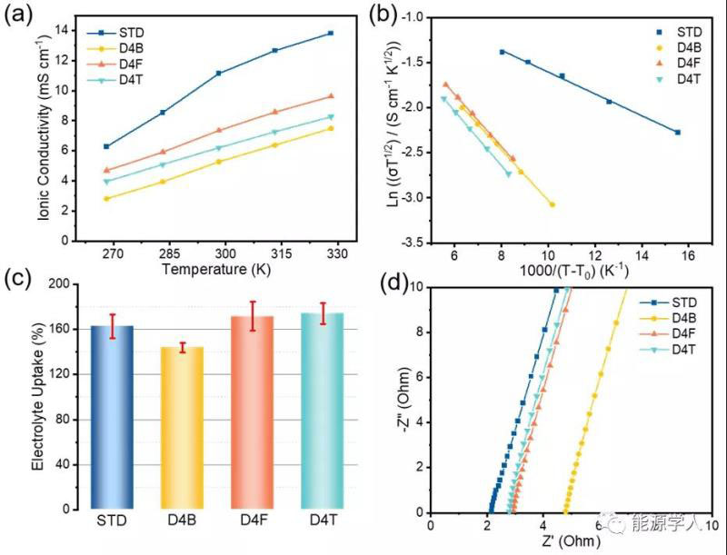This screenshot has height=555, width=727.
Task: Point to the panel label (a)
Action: click(x=19, y=15)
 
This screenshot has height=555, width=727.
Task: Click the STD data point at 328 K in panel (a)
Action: click(x=331, y=33)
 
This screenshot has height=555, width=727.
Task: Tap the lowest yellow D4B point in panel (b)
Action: click(x=552, y=204)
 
